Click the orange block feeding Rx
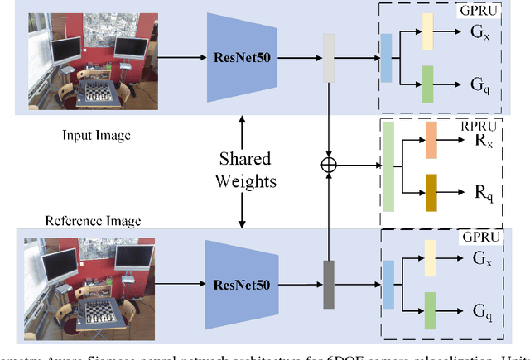pos(431,140)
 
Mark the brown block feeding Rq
pos(431,192)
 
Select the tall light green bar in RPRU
pos(388,166)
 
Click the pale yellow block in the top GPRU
pos(427,31)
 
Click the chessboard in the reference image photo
pos(96,312)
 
